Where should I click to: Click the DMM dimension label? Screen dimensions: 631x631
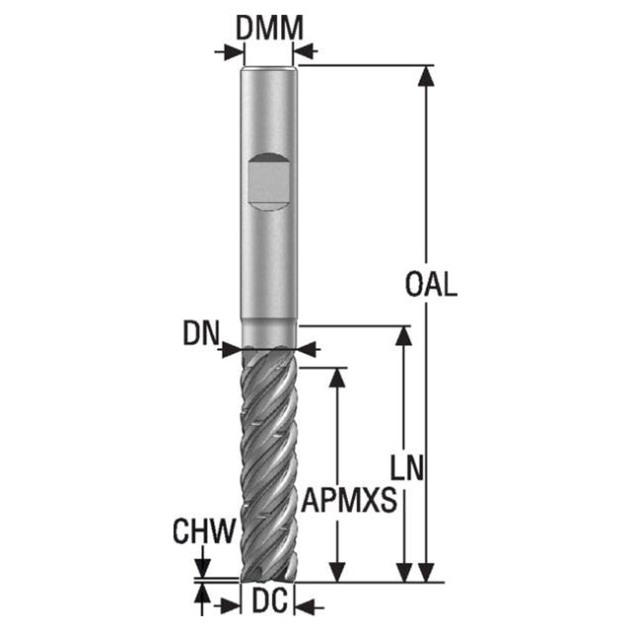click(x=269, y=29)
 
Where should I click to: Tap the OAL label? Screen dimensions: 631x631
click(x=431, y=285)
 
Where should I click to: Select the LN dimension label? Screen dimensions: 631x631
click(x=407, y=467)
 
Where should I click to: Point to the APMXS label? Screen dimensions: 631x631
click(x=349, y=500)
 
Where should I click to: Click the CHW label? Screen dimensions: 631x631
click(x=204, y=530)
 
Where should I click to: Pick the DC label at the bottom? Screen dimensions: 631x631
click(x=269, y=599)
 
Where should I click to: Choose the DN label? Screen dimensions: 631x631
click(x=201, y=333)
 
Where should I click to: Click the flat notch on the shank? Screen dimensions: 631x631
click(x=268, y=181)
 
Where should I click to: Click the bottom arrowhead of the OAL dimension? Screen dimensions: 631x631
click(x=426, y=572)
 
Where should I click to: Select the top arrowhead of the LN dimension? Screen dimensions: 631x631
click(x=403, y=336)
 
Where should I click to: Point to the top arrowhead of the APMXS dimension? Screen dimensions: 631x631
click(x=337, y=378)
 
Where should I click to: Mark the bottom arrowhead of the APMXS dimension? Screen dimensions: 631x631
click(x=337, y=572)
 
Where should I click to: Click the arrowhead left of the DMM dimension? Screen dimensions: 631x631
click(x=234, y=52)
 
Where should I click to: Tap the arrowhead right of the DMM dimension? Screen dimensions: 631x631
click(x=304, y=51)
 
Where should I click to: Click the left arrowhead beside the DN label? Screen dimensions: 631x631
click(x=232, y=349)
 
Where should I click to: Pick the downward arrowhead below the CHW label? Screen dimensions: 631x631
click(x=202, y=568)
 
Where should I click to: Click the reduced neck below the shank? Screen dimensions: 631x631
click(x=269, y=334)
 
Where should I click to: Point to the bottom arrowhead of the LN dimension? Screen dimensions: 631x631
click(x=403, y=572)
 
